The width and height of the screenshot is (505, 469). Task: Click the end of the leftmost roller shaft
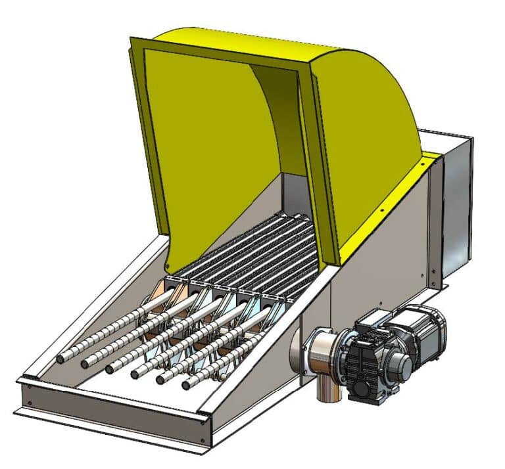coord(60,359)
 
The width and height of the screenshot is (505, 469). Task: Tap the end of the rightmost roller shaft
coord(187,383)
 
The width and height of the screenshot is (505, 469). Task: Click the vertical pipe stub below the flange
coord(322,390)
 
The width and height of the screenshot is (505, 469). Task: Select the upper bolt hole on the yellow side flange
coord(382,210)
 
